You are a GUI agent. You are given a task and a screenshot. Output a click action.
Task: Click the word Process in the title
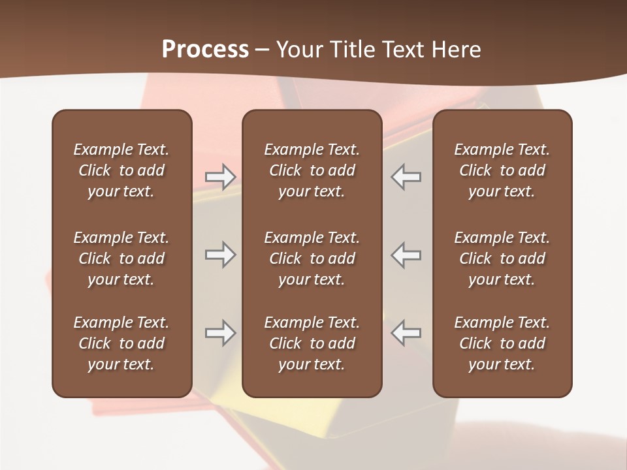[x=205, y=50]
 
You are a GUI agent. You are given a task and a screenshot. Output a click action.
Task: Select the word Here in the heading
[x=457, y=50]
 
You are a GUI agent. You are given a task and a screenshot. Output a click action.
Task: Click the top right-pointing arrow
[x=220, y=177]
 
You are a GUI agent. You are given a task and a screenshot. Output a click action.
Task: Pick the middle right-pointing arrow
[x=220, y=255]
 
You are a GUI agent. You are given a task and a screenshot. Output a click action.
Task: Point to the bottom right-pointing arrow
[x=220, y=333]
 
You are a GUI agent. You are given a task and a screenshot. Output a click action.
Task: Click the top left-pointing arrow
[x=406, y=177]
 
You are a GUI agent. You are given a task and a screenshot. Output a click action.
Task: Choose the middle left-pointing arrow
[x=406, y=255]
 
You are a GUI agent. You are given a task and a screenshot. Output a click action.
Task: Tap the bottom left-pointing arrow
[x=406, y=333]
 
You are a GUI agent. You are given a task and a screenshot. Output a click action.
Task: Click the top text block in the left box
[x=121, y=170]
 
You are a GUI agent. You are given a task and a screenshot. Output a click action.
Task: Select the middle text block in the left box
[x=121, y=258]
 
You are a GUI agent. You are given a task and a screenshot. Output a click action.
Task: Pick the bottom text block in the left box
[x=121, y=343]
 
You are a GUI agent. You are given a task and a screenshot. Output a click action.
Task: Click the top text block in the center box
[x=312, y=170]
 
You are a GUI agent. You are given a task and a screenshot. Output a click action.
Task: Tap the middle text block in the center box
[x=312, y=258]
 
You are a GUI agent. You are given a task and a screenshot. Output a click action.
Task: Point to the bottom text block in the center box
[x=312, y=343]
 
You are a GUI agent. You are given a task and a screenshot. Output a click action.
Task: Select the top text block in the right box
[x=502, y=170]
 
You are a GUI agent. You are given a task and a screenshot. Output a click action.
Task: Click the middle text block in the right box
[x=502, y=258]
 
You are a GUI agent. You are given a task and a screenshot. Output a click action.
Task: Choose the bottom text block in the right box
[x=502, y=343]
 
